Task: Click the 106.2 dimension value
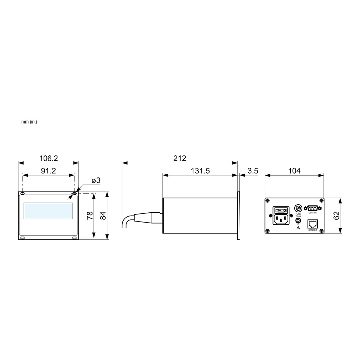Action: click(x=49, y=158)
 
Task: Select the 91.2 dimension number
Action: click(x=49, y=171)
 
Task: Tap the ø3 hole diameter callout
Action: click(x=96, y=180)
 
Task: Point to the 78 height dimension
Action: click(x=90, y=216)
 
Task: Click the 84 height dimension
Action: click(x=103, y=216)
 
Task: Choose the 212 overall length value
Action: click(x=180, y=158)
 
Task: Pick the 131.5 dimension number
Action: click(x=200, y=171)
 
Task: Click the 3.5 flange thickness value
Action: click(x=253, y=171)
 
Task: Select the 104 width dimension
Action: click(x=294, y=171)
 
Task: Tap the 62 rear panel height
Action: click(x=336, y=216)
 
